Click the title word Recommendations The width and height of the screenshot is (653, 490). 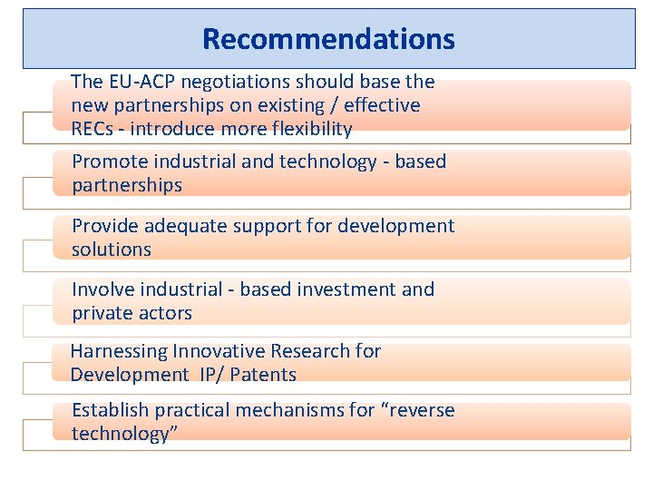coord(328,39)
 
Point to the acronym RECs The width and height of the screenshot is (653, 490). coord(92,129)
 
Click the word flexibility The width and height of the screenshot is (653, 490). coord(305,129)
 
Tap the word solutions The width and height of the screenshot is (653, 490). coord(112,249)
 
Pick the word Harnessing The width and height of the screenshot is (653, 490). coord(120,351)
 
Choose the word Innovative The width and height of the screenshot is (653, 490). coord(218,351)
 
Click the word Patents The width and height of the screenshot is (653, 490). coord(263,375)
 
